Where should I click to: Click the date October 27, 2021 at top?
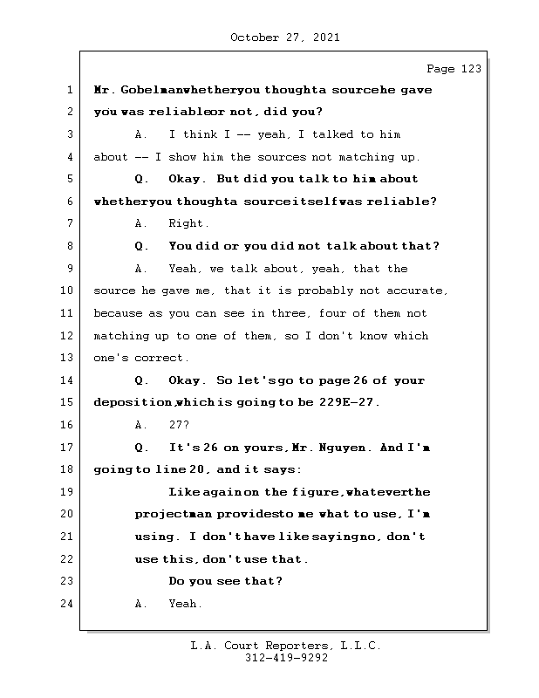(284, 38)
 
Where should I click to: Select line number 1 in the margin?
(69, 90)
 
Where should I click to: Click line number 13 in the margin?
(66, 358)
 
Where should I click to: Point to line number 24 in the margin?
(66, 604)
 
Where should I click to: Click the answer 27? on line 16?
(179, 425)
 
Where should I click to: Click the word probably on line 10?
(331, 291)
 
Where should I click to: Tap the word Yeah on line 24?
(185, 604)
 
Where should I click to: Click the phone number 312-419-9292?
(284, 659)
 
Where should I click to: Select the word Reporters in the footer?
(288, 647)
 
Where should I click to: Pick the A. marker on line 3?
(142, 134)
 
